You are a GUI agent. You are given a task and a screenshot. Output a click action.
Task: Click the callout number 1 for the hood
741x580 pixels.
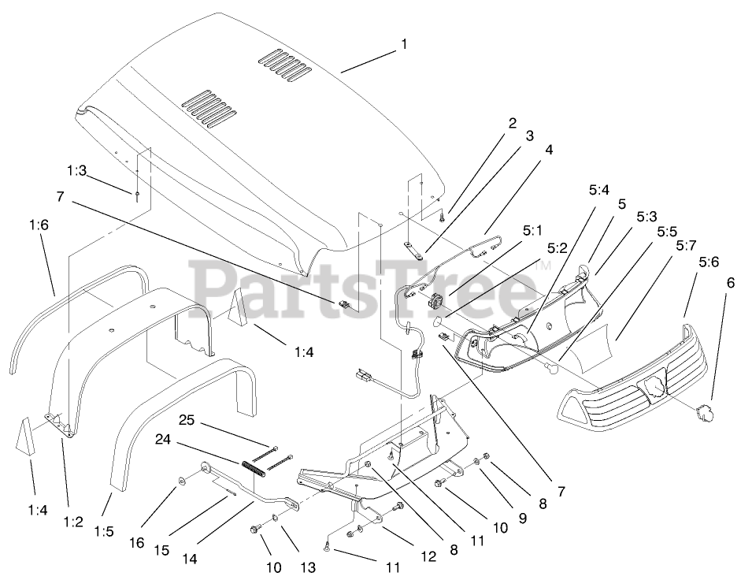404,44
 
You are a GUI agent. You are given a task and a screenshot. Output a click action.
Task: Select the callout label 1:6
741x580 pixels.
39,225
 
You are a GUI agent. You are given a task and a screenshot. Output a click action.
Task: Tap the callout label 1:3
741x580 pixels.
76,169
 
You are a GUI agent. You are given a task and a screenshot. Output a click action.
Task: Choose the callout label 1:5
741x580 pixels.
103,532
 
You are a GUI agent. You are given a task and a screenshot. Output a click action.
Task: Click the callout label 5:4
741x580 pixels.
599,190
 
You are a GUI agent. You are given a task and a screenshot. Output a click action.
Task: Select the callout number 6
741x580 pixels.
729,281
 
